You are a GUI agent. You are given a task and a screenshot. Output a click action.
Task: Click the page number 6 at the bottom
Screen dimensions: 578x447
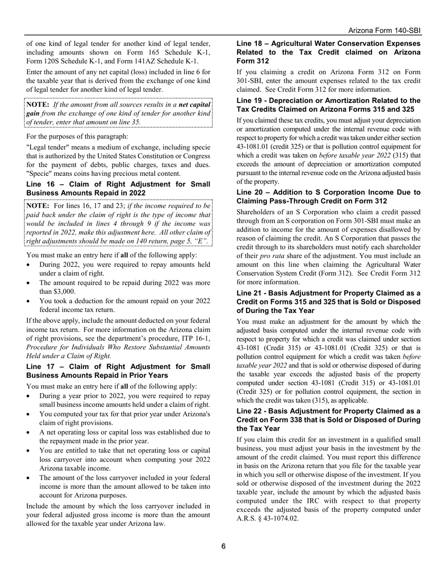tap(223, 546)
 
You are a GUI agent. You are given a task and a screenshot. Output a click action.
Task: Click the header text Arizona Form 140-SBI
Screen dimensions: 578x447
tap(384, 31)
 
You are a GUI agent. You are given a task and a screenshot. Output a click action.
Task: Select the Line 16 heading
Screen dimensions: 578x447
tap(118, 188)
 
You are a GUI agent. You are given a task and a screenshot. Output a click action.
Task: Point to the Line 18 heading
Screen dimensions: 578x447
tap(328, 52)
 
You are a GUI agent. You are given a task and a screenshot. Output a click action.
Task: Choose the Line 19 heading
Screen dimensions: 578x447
tap(328, 105)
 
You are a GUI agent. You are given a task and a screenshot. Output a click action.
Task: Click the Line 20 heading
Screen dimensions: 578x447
tap(328, 196)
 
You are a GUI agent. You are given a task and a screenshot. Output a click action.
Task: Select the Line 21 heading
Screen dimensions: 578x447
tap(328, 302)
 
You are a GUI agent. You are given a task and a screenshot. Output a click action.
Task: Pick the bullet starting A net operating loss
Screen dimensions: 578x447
tap(124, 437)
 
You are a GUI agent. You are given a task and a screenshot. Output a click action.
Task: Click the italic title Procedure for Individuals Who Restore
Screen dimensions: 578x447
tap(118, 347)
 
